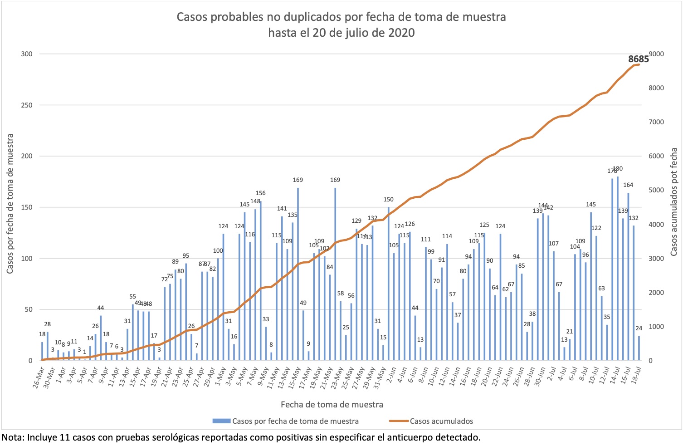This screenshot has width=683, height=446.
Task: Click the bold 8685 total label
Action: (x=638, y=59)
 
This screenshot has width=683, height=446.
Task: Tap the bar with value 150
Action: (x=389, y=284)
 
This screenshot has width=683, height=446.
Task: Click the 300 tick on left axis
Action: (x=27, y=54)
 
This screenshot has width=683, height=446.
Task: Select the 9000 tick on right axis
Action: (x=656, y=54)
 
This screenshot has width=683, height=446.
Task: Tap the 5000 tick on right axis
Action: (x=656, y=190)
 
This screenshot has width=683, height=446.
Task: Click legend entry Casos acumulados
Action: (x=441, y=421)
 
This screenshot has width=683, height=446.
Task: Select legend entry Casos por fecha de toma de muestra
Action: (x=295, y=421)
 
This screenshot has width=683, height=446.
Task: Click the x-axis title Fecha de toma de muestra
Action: (x=332, y=404)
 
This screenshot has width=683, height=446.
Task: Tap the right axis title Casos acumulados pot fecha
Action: (x=674, y=201)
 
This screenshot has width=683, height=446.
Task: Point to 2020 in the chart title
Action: (x=402, y=33)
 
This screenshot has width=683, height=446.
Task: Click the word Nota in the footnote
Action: (x=12, y=438)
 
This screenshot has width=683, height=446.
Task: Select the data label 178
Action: (x=612, y=171)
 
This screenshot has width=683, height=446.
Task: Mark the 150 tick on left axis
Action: (x=27, y=207)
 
